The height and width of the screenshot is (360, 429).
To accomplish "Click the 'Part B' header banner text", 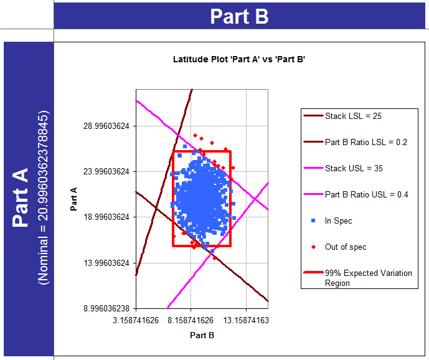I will (239, 16).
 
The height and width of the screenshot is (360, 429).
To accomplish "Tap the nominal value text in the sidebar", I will (44, 198).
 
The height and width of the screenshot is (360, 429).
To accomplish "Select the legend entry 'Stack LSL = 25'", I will (354, 116).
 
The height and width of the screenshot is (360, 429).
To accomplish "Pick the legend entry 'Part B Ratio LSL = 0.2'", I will (365, 142).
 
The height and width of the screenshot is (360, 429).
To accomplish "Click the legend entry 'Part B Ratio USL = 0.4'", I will (366, 194).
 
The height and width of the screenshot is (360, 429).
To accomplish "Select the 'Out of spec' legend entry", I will (346, 247).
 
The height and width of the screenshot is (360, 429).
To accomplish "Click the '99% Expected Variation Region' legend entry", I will (367, 278).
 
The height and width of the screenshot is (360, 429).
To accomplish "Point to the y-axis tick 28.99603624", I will (106, 125).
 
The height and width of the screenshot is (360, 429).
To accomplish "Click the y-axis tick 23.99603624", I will (106, 171).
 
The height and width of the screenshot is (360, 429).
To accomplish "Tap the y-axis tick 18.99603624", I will (106, 217).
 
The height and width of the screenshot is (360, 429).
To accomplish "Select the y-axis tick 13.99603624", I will (106, 263).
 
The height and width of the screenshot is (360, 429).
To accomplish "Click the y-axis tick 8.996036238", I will (106, 308).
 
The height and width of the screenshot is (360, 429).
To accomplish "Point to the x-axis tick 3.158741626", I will (136, 320).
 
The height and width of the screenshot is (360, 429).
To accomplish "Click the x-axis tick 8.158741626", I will (191, 320).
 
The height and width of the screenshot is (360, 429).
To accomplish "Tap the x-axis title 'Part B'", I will (202, 335).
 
